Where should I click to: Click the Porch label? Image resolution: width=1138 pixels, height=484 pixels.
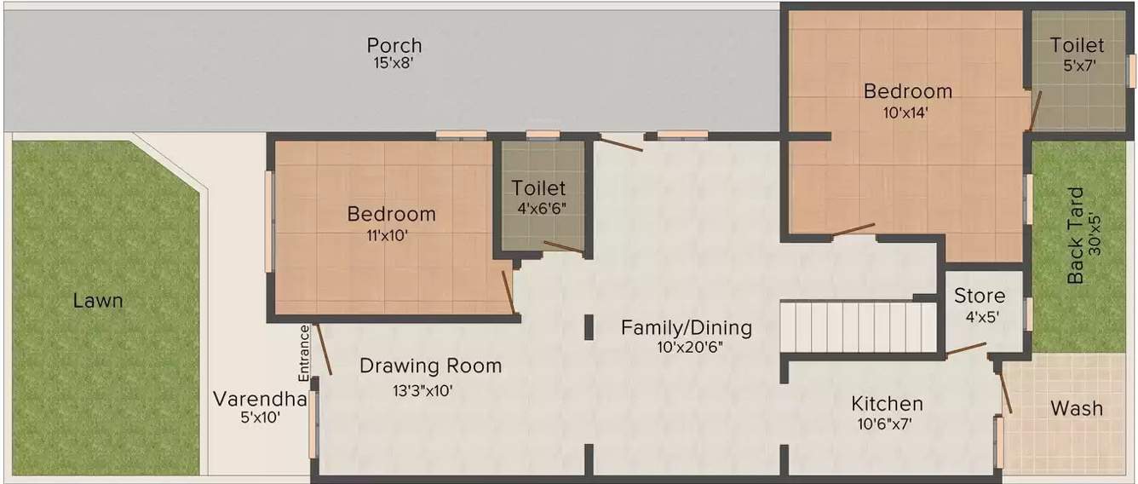tap(394, 45)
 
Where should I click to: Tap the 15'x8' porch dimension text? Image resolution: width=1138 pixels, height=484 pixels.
tap(393, 64)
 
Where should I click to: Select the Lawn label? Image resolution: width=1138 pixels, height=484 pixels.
tap(97, 301)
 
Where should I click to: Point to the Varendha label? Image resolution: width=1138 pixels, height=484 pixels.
tap(259, 399)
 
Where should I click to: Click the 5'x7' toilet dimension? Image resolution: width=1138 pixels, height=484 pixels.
tap(1077, 65)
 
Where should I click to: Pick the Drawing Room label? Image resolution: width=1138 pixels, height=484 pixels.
tap(430, 366)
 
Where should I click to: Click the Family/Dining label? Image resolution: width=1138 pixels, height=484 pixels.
tap(686, 327)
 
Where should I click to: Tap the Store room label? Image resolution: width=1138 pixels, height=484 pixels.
tap(979, 297)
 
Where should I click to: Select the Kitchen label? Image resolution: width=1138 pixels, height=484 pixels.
tap(887, 404)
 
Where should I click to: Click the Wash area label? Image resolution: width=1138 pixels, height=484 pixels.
tap(1076, 408)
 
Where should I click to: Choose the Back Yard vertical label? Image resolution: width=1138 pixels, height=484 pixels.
tap(1076, 235)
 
